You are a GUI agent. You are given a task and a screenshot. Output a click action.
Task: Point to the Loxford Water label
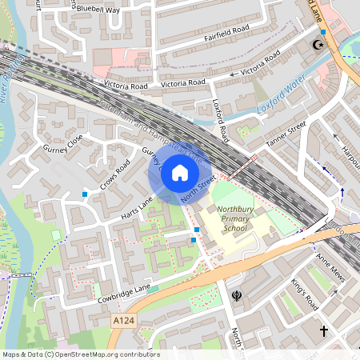pos(282,94)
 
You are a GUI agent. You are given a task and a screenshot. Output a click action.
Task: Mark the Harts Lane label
pos(137,207)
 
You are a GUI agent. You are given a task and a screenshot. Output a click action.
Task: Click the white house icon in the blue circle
pos(180,171)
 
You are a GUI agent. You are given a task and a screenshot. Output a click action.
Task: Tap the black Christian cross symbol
pos(324,330)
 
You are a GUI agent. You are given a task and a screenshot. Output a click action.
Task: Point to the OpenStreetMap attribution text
pos(80,354)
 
